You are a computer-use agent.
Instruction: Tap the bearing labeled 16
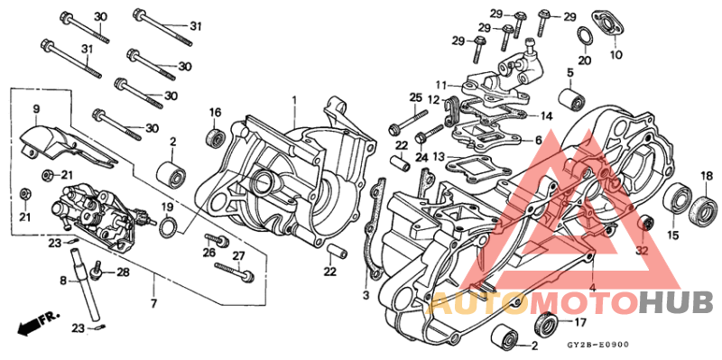coord(216,138)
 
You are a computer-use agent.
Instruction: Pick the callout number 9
coord(37,109)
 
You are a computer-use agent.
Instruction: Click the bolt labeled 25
coord(414,118)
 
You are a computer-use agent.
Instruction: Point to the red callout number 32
coord(642,251)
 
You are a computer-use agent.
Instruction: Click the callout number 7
coord(153,300)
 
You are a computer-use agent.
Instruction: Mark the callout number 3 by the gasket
coord(366,295)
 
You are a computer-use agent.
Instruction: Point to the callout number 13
coord(439,156)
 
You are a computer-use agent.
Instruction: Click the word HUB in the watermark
coord(676,302)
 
